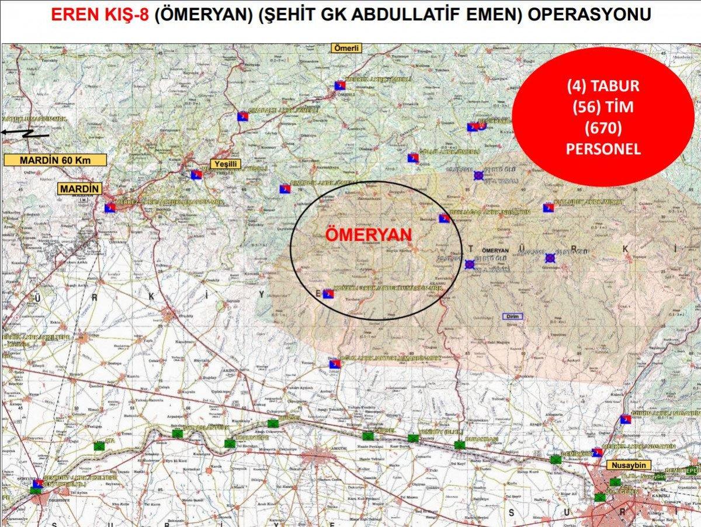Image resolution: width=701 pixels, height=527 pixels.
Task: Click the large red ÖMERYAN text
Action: coord(368,234)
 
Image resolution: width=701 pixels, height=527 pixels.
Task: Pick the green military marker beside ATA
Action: coord(99,446)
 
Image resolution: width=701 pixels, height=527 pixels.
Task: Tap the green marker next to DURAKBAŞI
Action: coord(460,445)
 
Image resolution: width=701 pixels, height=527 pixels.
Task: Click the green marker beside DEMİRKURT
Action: coord(554,459)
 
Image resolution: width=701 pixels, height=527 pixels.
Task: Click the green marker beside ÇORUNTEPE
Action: coord(229,443)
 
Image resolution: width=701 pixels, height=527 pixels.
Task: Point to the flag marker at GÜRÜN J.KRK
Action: coord(625,419)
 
